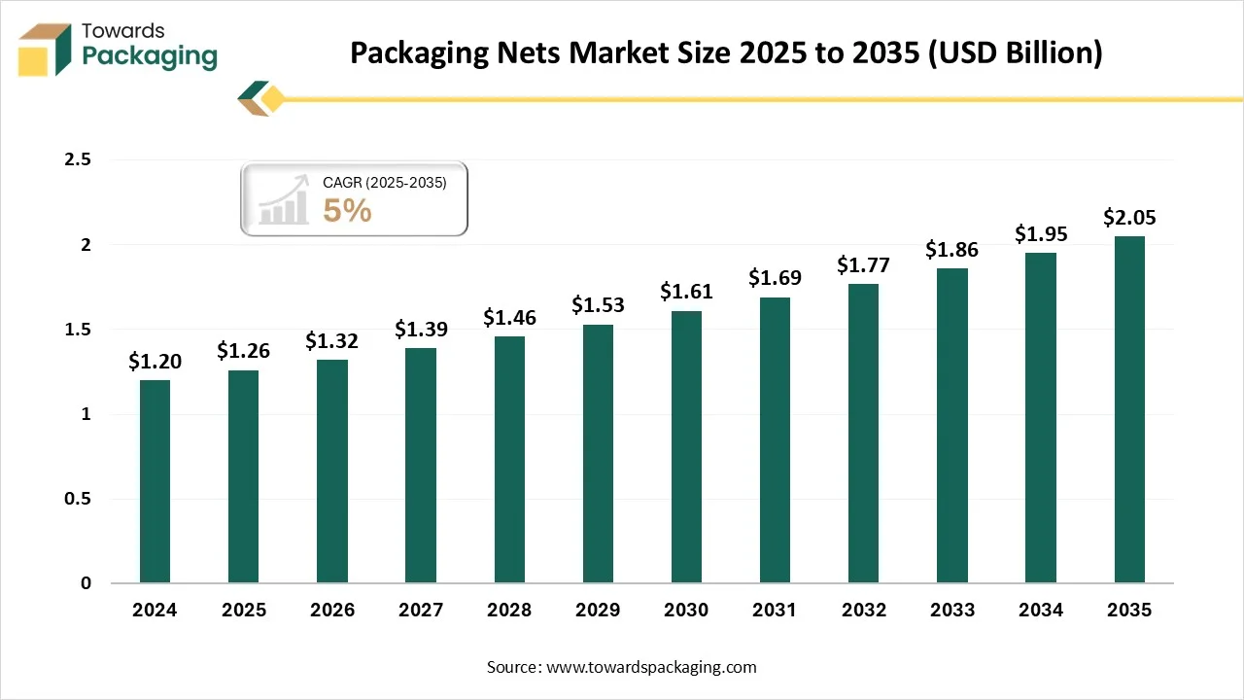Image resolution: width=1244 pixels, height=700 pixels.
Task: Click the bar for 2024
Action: (x=155, y=481)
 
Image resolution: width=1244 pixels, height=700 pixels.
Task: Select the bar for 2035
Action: (x=1129, y=409)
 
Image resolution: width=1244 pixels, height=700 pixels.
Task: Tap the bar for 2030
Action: (x=686, y=447)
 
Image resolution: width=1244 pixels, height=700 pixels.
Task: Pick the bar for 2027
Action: (x=421, y=466)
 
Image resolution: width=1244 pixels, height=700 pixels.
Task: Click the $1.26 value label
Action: (x=243, y=350)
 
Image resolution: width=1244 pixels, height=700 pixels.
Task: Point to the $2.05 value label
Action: (x=1129, y=217)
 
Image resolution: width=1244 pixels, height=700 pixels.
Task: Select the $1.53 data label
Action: (x=598, y=304)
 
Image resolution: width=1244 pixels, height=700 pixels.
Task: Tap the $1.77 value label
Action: (x=864, y=264)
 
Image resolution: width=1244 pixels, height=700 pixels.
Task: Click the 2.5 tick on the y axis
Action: (x=77, y=159)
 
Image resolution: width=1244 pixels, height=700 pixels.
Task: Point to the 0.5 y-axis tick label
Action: (x=77, y=499)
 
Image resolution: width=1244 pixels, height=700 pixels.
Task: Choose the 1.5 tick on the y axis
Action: (x=77, y=330)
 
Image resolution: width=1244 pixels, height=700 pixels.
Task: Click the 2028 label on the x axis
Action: (x=509, y=611)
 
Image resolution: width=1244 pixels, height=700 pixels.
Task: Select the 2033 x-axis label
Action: (x=952, y=611)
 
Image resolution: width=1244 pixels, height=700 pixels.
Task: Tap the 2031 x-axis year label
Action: (x=775, y=611)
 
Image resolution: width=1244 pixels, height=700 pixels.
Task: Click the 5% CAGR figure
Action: (x=347, y=210)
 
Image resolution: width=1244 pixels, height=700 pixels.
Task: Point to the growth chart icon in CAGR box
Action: (x=283, y=201)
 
